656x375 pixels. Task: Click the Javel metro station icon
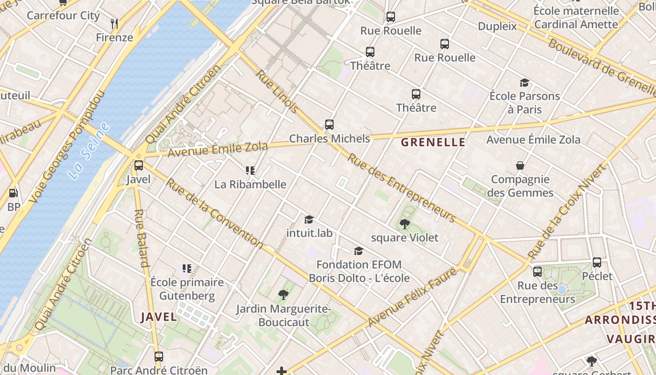click(x=139, y=165)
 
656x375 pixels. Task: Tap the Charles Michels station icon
click(x=329, y=125)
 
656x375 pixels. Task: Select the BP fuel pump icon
click(x=14, y=193)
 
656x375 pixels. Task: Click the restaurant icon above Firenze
click(x=114, y=23)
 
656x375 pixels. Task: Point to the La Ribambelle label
click(x=250, y=184)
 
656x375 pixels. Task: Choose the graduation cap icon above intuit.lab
click(x=309, y=219)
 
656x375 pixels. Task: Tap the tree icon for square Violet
click(x=405, y=224)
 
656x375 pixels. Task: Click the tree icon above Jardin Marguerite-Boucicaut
click(x=283, y=295)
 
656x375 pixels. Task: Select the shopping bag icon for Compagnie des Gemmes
click(x=520, y=165)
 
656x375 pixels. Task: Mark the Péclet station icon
click(x=597, y=262)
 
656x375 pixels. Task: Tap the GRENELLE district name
click(x=433, y=142)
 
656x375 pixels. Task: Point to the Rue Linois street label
click(x=277, y=91)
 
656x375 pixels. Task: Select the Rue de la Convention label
click(x=215, y=213)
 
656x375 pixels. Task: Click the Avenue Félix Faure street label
click(x=412, y=297)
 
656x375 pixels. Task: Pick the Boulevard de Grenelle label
click(x=602, y=66)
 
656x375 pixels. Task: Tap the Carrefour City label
click(x=63, y=15)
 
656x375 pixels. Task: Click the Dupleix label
click(x=498, y=26)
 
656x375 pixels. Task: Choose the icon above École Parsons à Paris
click(x=524, y=83)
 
